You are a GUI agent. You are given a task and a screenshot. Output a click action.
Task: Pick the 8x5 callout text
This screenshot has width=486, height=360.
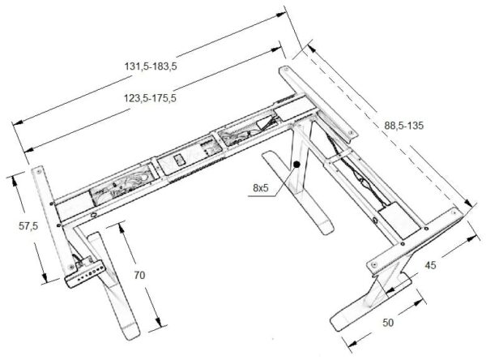pyautogui.click(x=261, y=187)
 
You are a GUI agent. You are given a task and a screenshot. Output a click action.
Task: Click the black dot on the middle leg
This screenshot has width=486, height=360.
pyautogui.click(x=297, y=165)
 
